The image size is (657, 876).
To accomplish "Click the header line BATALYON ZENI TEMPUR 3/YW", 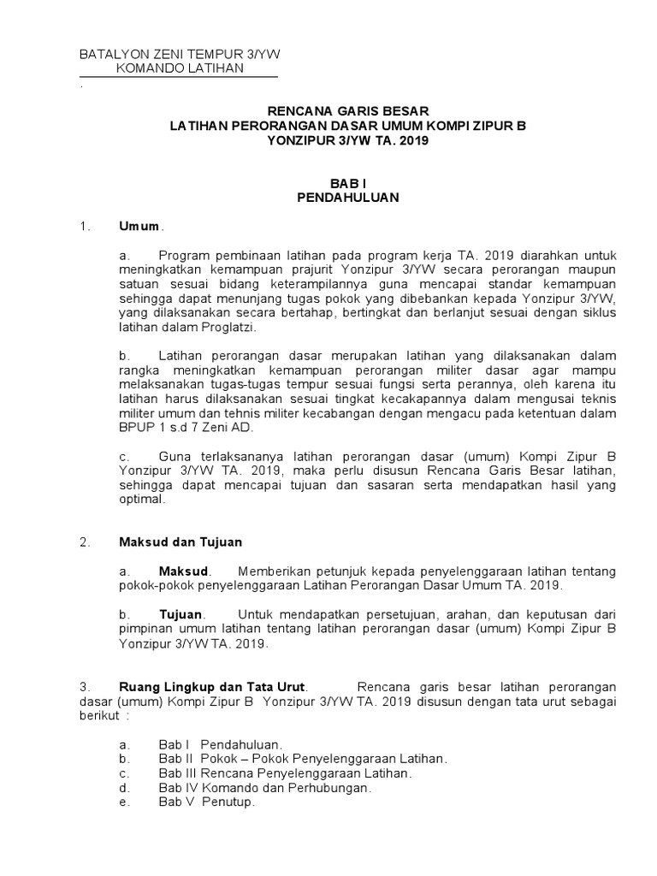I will [x=180, y=55].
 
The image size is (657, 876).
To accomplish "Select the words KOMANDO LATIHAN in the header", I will [x=179, y=69].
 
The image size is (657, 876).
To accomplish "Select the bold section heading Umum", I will [x=139, y=227].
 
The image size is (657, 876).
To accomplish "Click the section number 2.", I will [x=84, y=542].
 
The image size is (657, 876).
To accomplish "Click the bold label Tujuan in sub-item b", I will [x=181, y=615].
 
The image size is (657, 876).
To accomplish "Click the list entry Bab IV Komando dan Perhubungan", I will [x=264, y=788].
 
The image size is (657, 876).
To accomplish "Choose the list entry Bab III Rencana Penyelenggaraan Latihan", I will [x=285, y=773].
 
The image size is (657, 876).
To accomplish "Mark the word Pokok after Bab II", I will [x=221, y=759].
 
